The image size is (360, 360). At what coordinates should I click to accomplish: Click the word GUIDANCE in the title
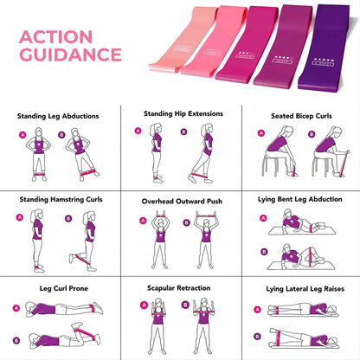(70, 56)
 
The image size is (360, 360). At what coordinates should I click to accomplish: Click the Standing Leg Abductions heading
(58, 115)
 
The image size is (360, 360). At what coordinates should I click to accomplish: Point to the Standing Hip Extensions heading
(180, 112)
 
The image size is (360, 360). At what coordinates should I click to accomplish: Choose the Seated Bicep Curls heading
(300, 115)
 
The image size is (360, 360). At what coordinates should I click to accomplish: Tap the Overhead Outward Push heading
(180, 201)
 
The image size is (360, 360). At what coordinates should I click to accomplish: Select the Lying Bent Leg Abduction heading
(300, 199)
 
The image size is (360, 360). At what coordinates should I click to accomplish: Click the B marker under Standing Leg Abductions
(61, 134)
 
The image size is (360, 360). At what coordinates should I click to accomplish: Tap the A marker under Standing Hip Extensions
(138, 131)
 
